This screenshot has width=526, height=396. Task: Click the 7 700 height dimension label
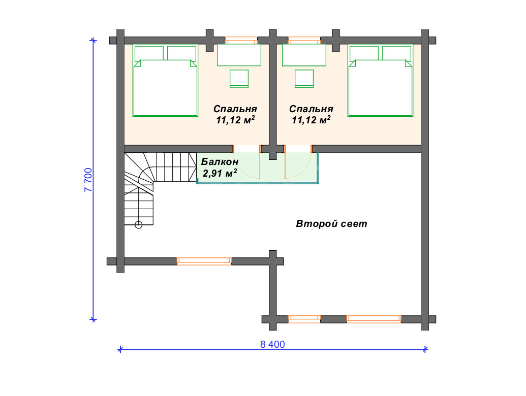click(88, 180)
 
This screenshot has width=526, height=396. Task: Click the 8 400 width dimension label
click(272, 344)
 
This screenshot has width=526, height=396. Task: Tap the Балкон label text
click(220, 162)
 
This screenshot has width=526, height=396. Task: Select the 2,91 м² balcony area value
click(220, 173)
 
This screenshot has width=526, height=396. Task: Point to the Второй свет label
click(331, 223)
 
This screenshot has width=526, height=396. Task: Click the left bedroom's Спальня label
click(235, 109)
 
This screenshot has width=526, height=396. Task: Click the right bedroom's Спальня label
click(311, 109)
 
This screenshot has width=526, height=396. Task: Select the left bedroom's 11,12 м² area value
click(235, 120)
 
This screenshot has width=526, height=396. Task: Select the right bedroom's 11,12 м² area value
click(311, 120)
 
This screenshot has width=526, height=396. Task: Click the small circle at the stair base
click(139, 225)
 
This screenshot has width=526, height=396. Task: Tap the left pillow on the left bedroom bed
click(149, 53)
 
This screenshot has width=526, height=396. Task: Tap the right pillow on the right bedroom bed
click(396, 53)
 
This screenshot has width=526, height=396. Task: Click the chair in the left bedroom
click(239, 79)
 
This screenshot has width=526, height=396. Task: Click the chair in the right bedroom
click(304, 79)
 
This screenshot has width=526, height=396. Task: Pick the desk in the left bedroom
click(239, 55)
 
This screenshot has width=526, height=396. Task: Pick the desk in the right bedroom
click(304, 55)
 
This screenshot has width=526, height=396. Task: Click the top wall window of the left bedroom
click(241, 41)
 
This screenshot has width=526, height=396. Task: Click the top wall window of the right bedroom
click(304, 41)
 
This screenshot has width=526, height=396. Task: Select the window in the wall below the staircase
click(204, 261)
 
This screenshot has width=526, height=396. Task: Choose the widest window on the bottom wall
click(374, 319)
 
